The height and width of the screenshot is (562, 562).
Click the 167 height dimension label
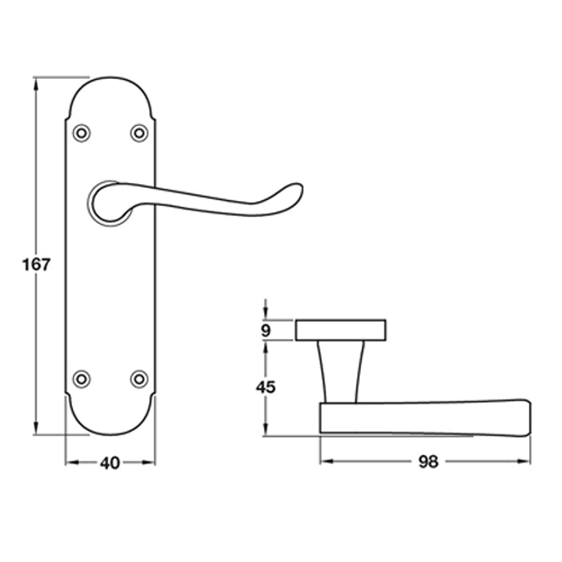(x=36, y=264)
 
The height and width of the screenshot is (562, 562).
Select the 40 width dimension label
(x=110, y=463)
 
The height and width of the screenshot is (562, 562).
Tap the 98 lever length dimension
(x=428, y=462)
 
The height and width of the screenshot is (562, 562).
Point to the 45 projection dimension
(x=265, y=387)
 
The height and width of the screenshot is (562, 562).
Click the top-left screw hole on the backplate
(x=82, y=133)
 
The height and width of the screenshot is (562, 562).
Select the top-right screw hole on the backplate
(x=139, y=133)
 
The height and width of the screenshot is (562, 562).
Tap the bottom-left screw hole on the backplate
(x=82, y=378)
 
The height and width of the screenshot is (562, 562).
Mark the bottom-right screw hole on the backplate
(x=139, y=378)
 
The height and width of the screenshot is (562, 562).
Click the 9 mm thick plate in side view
(x=341, y=330)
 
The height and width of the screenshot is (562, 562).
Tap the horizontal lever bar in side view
(x=424, y=418)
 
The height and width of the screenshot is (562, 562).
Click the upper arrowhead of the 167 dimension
(x=37, y=83)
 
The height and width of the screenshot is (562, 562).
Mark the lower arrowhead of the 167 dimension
(x=37, y=428)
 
